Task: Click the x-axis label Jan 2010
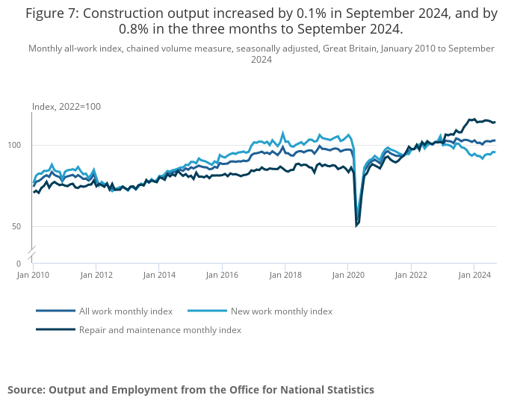click(x=33, y=275)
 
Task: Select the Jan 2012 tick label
click(x=96, y=275)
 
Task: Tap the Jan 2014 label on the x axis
click(x=159, y=275)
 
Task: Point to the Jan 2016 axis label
click(x=222, y=275)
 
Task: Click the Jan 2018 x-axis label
click(x=285, y=275)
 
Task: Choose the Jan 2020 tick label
click(x=348, y=275)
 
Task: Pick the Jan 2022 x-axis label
click(x=411, y=275)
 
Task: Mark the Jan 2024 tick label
click(x=474, y=275)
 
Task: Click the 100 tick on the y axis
click(x=14, y=145)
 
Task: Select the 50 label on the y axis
click(x=16, y=227)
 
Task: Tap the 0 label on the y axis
click(x=19, y=264)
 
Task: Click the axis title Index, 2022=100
click(x=66, y=107)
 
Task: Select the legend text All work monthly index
click(x=126, y=311)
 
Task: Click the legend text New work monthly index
click(x=282, y=311)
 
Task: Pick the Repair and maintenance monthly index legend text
click(x=160, y=330)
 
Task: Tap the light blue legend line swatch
click(x=207, y=311)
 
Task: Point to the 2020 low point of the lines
click(x=356, y=226)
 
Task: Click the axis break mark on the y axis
click(x=32, y=253)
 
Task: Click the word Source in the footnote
click(x=26, y=390)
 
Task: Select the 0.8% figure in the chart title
click(x=134, y=29)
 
